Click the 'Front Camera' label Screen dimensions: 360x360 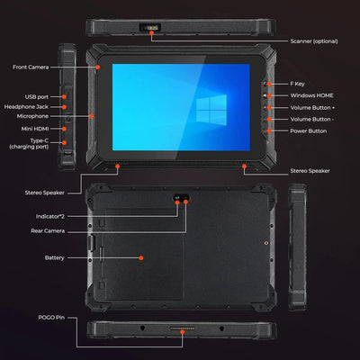point(31,67)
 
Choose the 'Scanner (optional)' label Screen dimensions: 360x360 point(315,40)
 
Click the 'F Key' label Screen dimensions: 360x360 point(298,83)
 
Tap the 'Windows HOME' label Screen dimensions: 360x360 point(312,95)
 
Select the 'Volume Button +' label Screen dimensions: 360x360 point(313,108)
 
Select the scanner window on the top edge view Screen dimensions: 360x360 point(156,28)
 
